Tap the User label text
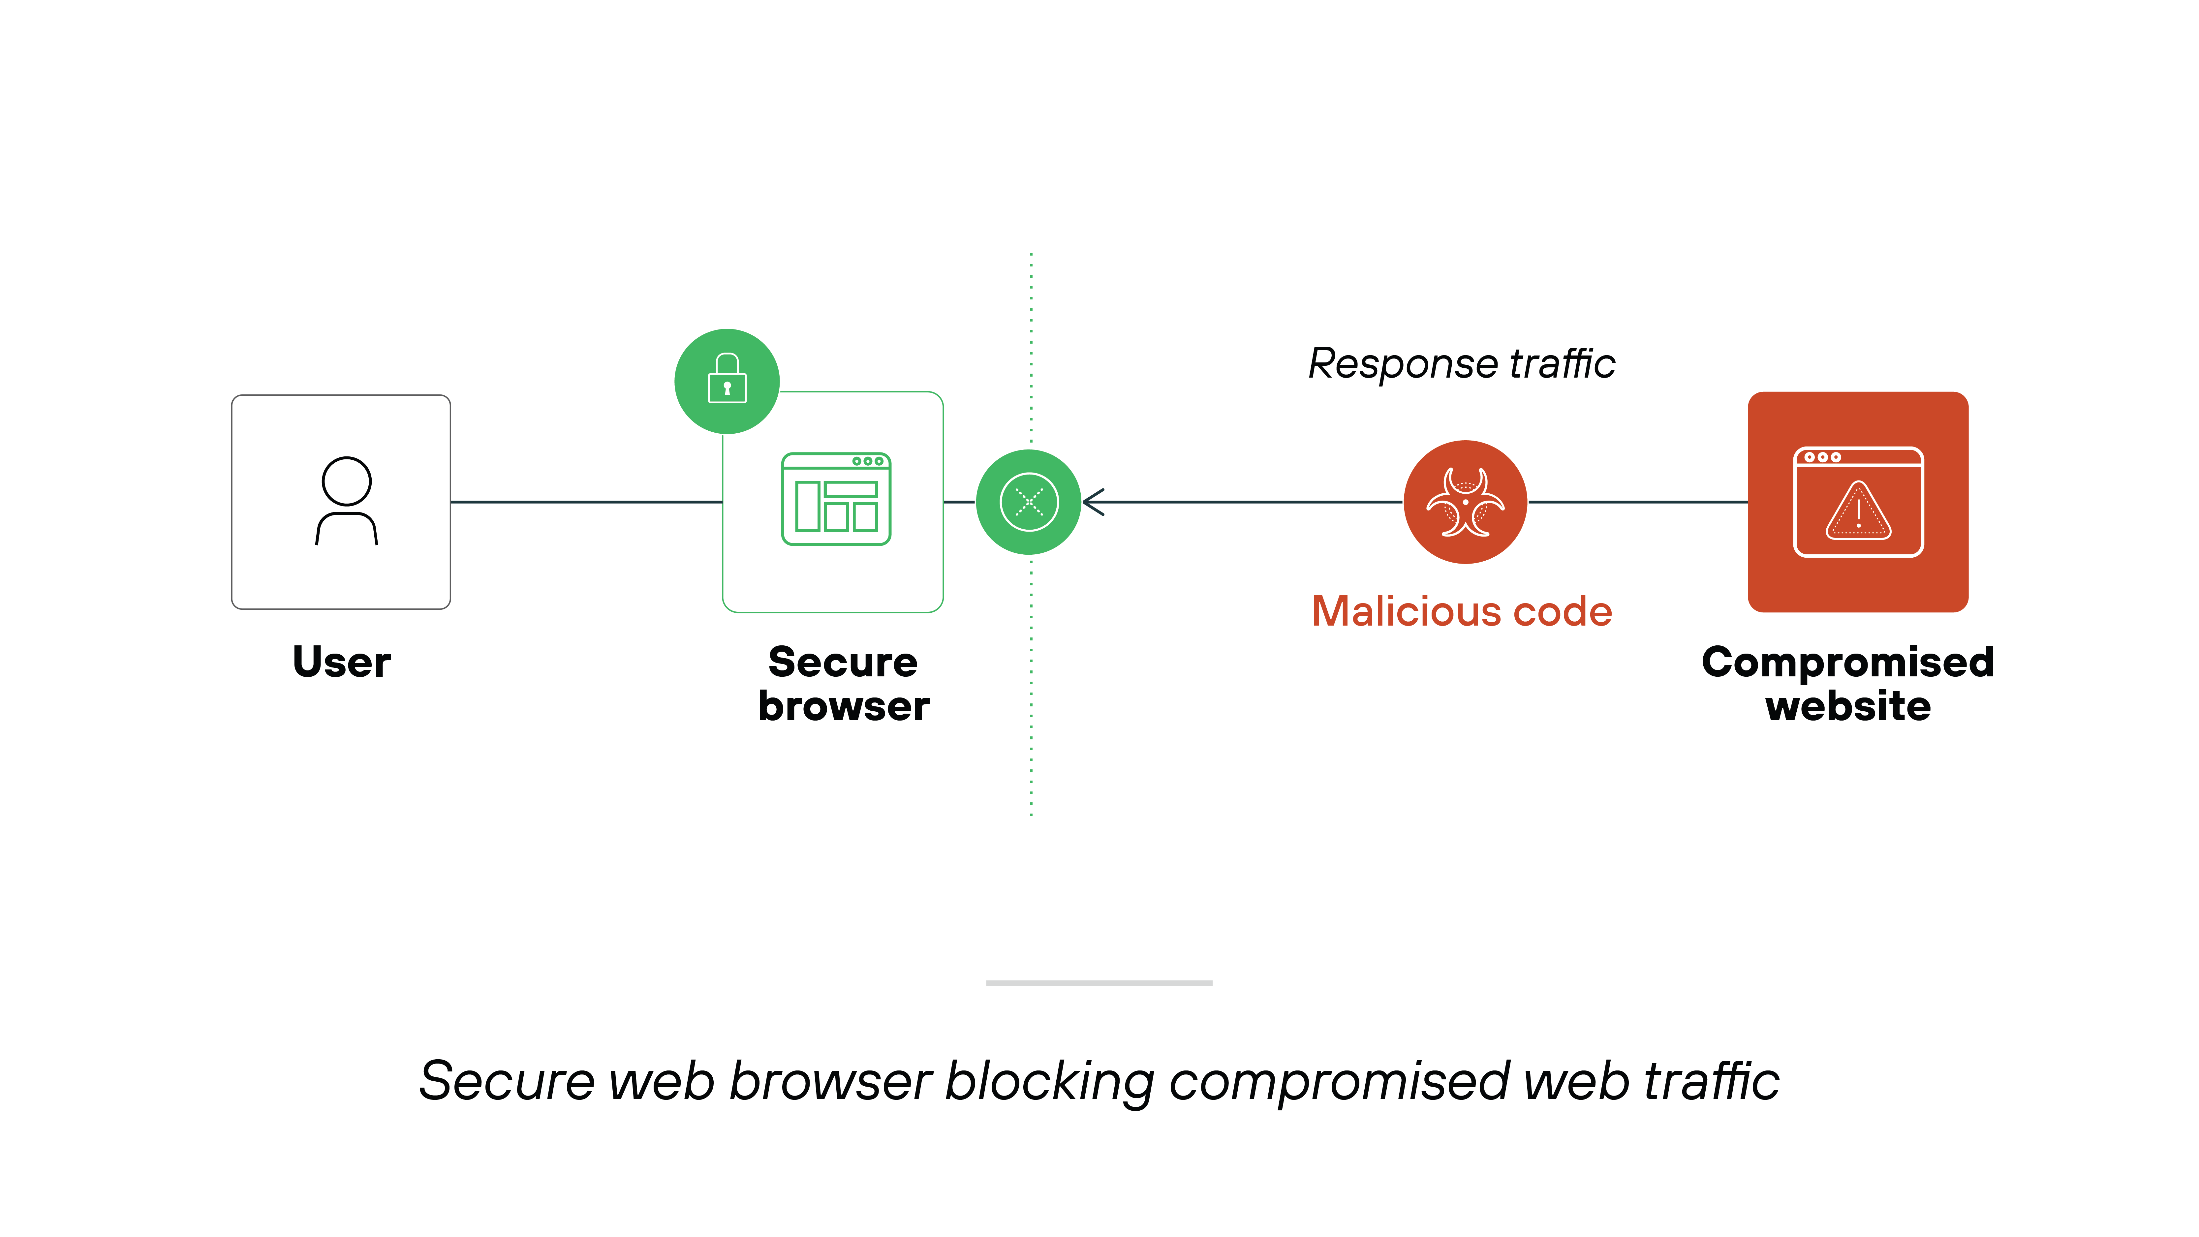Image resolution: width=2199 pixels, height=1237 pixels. [x=341, y=663]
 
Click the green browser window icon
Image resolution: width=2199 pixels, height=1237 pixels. [x=836, y=499]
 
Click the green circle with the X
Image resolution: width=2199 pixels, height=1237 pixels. [x=1029, y=502]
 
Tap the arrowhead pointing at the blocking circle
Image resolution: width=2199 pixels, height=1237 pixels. [x=1094, y=502]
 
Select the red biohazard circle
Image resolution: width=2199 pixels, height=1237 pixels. [x=1465, y=502]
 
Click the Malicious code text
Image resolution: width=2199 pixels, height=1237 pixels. [x=1462, y=611]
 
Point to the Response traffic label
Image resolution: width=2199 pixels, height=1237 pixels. [x=1462, y=364]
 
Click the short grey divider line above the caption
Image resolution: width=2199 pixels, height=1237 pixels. [x=1099, y=983]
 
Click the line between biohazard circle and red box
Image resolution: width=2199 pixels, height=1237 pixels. [x=1637, y=502]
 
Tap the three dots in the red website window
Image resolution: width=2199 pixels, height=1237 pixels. [x=1822, y=458]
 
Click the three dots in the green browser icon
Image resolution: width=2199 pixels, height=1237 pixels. [x=867, y=461]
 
